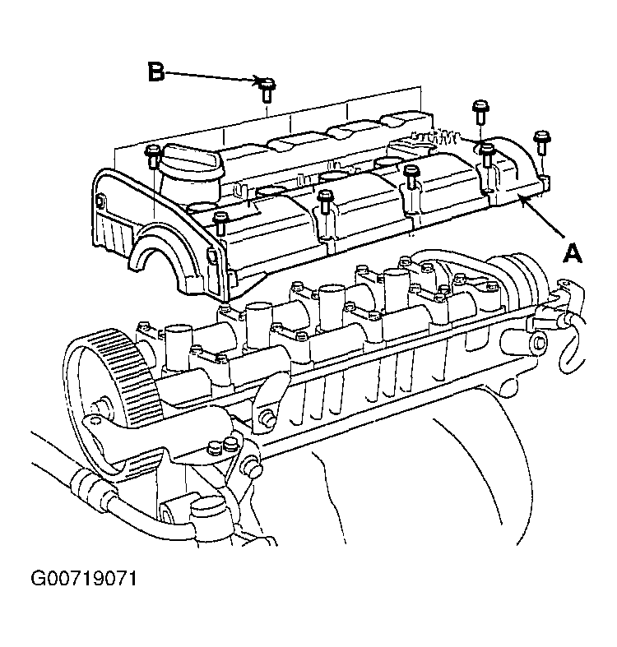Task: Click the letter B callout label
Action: tap(156, 72)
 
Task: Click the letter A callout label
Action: tap(572, 253)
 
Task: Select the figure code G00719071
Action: tap(84, 579)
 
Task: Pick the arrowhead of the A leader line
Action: tap(523, 201)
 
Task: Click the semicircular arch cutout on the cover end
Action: tap(162, 252)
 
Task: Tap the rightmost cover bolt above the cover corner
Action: tap(541, 142)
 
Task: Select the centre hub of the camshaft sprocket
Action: tap(101, 405)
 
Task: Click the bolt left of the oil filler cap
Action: tap(153, 157)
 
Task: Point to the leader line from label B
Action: tap(211, 76)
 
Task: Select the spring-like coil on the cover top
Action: tap(434, 136)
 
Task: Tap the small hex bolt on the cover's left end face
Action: tap(100, 201)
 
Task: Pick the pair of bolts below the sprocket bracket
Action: tap(222, 446)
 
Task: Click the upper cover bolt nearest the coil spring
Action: tap(480, 112)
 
